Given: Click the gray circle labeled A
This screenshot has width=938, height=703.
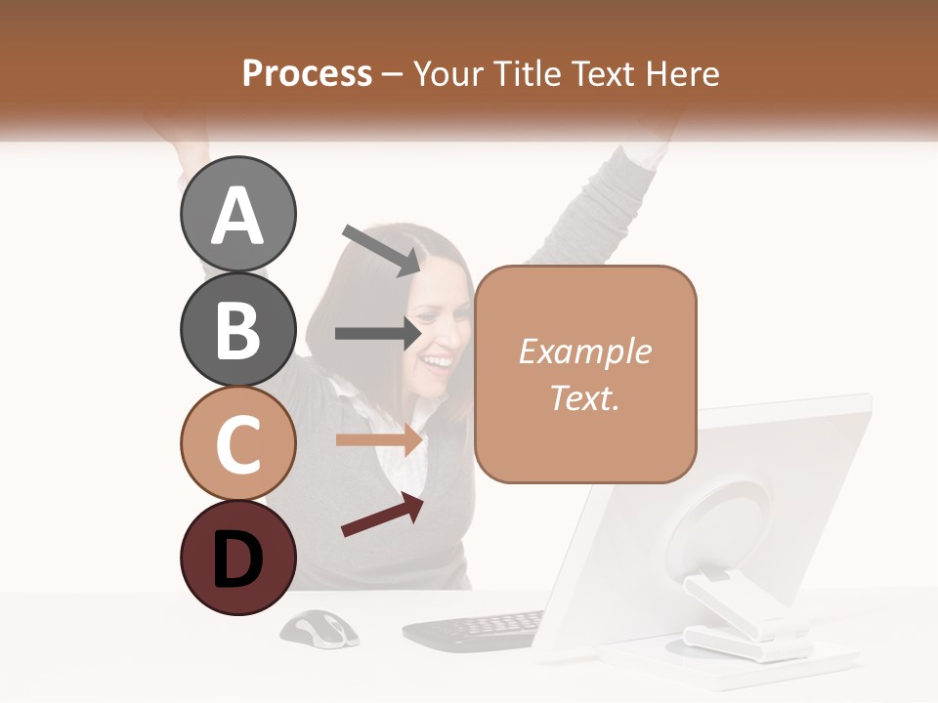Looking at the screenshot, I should [237, 214].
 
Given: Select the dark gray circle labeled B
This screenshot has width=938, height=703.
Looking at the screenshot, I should [237, 329].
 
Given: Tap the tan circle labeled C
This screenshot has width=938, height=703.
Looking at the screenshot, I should [237, 443].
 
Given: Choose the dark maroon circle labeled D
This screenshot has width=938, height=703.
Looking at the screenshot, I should [237, 558].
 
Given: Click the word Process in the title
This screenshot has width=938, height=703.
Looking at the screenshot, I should [307, 73].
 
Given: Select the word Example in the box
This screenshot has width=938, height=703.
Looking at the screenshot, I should [584, 351].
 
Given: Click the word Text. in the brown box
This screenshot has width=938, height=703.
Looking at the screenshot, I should [584, 397].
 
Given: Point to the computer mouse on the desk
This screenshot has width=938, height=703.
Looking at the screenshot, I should [319, 627].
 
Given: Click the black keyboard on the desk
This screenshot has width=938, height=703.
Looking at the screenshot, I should [475, 631].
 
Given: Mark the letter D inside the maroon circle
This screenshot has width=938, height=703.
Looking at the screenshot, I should [237, 559].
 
